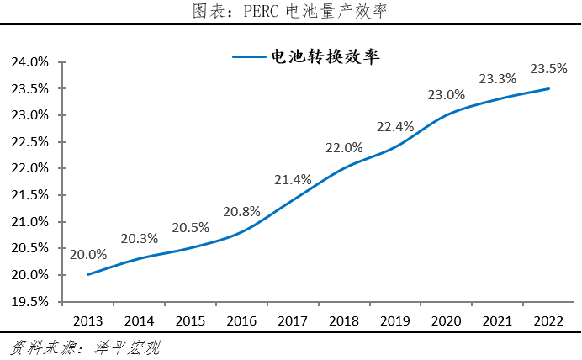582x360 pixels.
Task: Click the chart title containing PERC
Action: pos(290,11)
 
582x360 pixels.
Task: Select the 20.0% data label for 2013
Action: pos(87,254)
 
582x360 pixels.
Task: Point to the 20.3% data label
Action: pos(139,238)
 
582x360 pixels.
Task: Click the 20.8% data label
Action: pos(241,211)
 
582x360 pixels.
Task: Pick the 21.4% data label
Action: pos(293,179)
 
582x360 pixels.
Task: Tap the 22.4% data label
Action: pos(395,126)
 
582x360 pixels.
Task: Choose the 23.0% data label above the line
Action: pos(447,94)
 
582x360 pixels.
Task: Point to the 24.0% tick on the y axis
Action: pos(30,62)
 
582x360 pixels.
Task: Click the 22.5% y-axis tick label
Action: pos(30,142)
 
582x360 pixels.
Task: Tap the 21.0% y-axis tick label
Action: pos(30,222)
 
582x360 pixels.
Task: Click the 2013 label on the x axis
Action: pos(87,320)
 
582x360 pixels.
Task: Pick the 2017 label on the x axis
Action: pos(293,320)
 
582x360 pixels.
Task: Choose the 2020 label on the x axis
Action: pos(447,320)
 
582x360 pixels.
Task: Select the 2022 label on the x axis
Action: pos(548,320)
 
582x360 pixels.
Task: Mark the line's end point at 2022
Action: pos(549,88)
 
